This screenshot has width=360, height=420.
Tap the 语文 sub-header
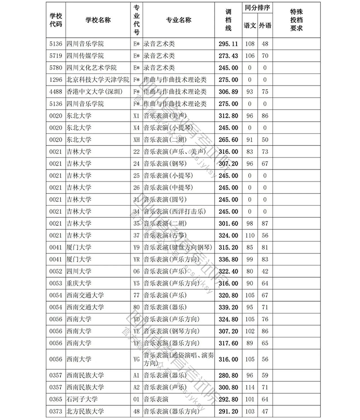pyautogui.click(x=250, y=25)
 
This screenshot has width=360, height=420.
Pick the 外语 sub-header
pyautogui.click(x=265, y=25)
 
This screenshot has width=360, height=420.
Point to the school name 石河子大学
pyautogui.click(x=83, y=399)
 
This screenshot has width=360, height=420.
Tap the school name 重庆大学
pyautogui.click(x=79, y=283)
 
